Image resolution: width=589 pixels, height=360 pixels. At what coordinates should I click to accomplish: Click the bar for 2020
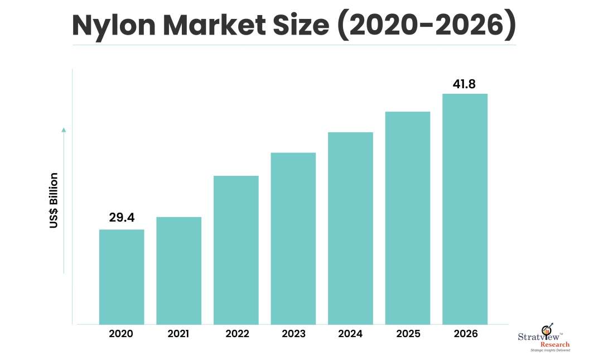click(x=122, y=277)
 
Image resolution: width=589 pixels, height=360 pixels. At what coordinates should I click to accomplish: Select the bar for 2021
click(x=178, y=271)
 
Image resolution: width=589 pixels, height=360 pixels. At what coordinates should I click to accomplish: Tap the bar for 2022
click(x=236, y=250)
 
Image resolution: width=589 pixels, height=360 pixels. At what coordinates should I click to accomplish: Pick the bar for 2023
click(x=293, y=238)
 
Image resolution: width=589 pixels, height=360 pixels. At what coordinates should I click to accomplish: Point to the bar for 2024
click(x=350, y=228)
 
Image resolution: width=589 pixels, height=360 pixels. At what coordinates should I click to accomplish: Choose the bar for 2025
click(x=408, y=218)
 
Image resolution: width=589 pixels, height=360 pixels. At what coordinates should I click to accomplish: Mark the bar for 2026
click(x=465, y=209)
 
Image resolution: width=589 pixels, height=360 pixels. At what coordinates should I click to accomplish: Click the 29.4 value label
click(x=122, y=218)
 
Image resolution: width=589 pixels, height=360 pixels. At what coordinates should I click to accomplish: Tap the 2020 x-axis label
click(x=121, y=334)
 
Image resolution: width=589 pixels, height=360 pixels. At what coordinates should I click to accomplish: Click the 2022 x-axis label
click(x=236, y=334)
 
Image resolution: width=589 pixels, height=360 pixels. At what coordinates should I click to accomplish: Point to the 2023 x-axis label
click(x=293, y=334)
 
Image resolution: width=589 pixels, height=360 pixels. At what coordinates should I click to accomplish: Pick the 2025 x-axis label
click(x=408, y=334)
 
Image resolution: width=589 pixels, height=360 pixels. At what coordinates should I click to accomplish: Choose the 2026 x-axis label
click(x=465, y=334)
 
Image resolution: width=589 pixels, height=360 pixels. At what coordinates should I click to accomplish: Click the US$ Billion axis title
click(x=54, y=201)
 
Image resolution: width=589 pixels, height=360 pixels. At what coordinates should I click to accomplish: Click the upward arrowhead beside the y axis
click(x=64, y=130)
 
